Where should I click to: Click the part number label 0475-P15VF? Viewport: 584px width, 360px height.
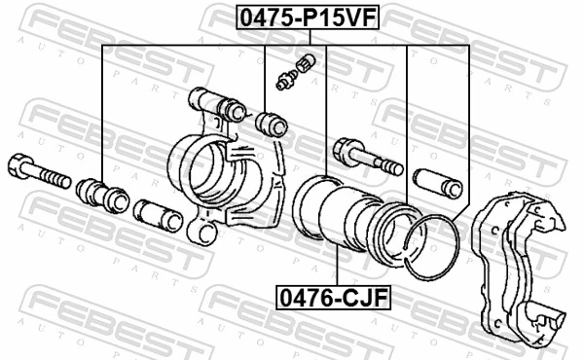click(291, 17)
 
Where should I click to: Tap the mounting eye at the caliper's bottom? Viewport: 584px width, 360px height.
click(202, 234)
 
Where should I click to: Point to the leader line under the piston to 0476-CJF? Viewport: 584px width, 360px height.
click(334, 263)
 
